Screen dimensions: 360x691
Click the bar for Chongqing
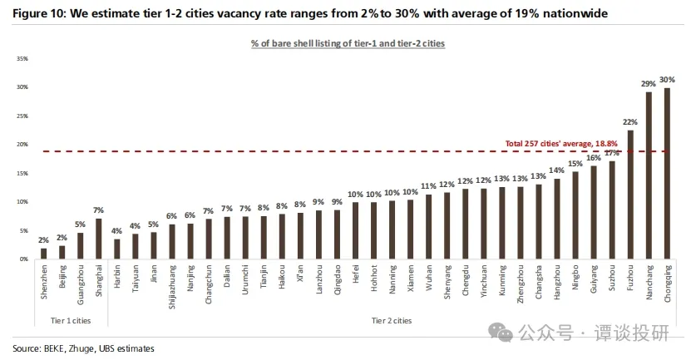tap(666, 174)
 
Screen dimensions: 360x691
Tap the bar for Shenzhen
tap(43, 254)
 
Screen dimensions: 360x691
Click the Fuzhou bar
tap(630, 195)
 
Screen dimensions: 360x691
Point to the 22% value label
tap(630, 122)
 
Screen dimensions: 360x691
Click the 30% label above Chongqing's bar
tap(667, 80)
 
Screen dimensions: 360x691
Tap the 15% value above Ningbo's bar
tap(575, 164)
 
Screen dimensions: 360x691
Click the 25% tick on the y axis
tap(22, 116)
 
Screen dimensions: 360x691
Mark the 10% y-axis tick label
tap(22, 202)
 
